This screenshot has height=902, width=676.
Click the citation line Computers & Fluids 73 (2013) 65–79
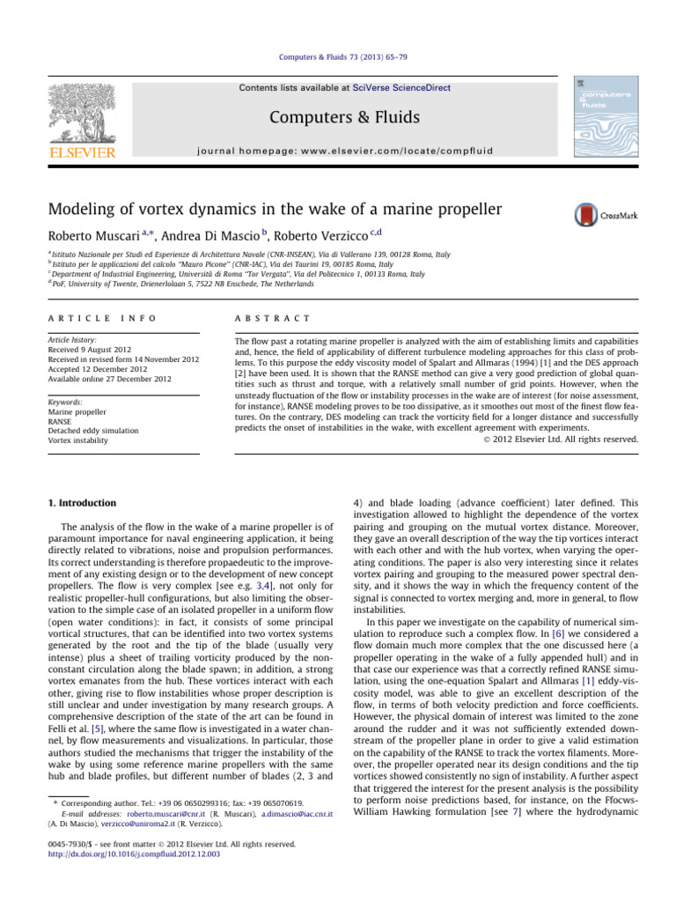click(x=337, y=56)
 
